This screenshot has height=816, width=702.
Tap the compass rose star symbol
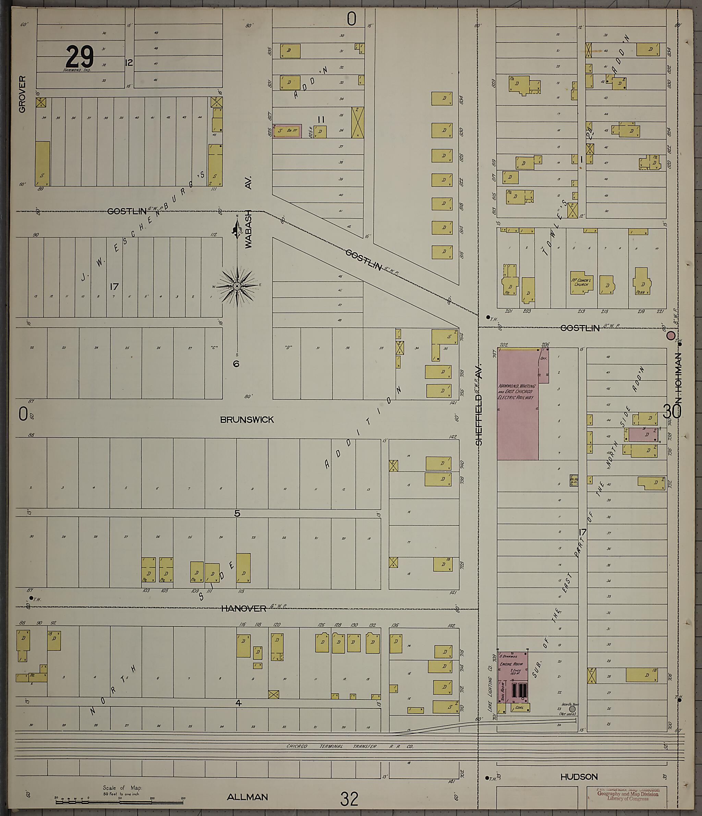tap(237, 286)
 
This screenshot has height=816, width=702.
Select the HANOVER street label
tap(243, 608)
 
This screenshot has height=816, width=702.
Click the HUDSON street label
tap(579, 777)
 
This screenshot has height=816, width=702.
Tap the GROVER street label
tap(22, 94)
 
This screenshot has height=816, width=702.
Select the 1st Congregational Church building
tap(581, 283)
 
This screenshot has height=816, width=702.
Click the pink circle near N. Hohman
tap(670, 336)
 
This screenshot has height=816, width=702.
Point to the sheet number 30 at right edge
tap(672, 412)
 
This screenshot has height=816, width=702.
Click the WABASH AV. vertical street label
tap(248, 213)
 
